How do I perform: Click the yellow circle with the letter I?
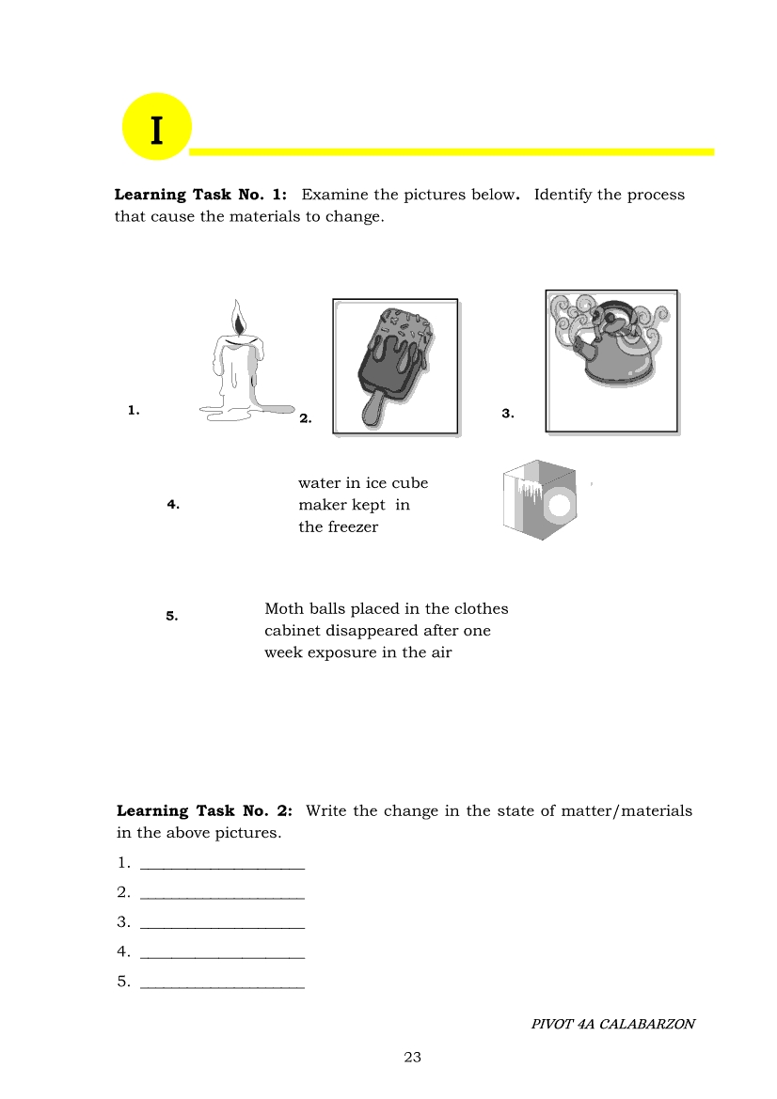156,128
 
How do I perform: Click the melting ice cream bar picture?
395,367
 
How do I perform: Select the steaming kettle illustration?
611,360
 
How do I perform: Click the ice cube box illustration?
539,500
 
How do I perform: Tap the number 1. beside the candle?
135,410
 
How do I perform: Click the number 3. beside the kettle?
508,414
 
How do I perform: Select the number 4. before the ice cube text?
173,504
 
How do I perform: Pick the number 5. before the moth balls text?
172,617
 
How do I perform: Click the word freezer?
353,527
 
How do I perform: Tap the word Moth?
285,609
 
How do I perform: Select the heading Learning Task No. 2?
204,811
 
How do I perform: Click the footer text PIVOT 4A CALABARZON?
612,1025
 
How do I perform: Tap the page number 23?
412,1058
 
